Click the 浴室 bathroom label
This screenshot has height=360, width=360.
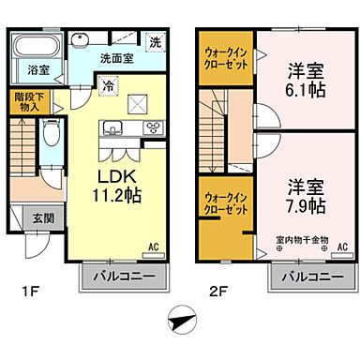coord(38,69)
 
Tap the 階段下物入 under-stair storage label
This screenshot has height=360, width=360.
coord(27,102)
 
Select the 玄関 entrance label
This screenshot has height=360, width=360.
coord(30,217)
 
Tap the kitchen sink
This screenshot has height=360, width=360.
coord(116,127)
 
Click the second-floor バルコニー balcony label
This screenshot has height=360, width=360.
coord(310,277)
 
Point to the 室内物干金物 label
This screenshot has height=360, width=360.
coord(301,240)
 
